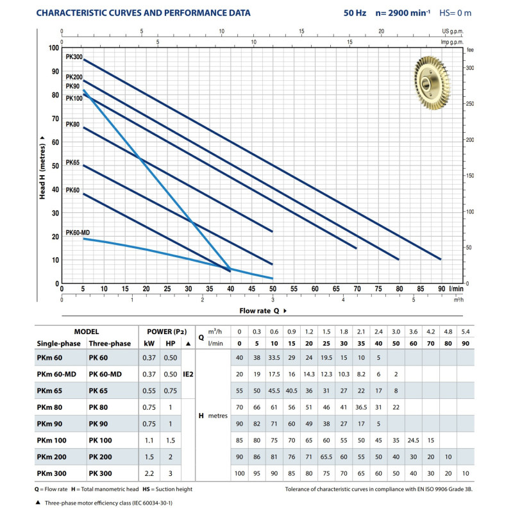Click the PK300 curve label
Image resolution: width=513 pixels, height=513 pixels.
pyautogui.click(x=74, y=57)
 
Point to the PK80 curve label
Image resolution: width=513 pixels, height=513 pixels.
pyautogui.click(x=72, y=124)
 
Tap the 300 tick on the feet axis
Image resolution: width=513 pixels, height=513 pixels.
pyautogui.click(x=469, y=67)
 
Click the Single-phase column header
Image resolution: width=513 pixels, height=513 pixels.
pyautogui.click(x=58, y=343)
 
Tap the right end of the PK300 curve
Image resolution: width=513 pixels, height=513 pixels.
pyautogui.click(x=441, y=259)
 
